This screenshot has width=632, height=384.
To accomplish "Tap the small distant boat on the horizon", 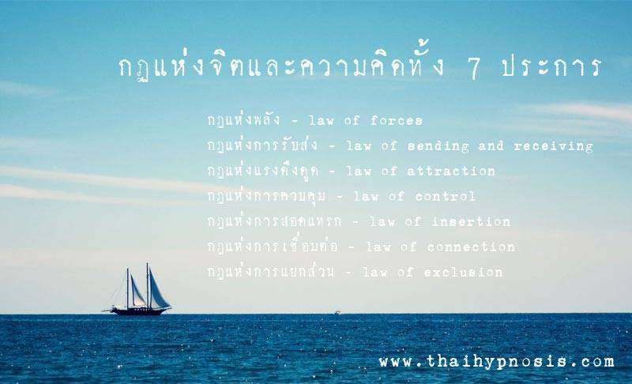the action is [337, 312].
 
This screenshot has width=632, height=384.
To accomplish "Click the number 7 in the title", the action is [474, 68].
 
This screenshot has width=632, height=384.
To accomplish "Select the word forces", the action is [397, 120].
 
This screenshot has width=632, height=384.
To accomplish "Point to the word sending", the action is [438, 146].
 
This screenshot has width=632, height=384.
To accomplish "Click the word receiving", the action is [553, 146].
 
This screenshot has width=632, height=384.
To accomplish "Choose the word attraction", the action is [451, 171].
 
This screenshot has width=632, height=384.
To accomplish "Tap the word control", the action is [445, 196].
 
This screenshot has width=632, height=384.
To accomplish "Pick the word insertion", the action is [471, 221].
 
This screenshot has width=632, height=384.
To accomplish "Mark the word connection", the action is [471, 247].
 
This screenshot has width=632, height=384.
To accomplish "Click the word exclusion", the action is [463, 273].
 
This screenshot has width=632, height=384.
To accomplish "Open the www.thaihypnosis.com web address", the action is [497, 361].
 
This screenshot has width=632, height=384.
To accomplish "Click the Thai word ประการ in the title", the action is [551, 67].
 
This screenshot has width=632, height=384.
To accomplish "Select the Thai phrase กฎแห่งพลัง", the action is [243, 119].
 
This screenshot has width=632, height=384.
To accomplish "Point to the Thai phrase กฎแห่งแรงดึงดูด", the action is [263, 171].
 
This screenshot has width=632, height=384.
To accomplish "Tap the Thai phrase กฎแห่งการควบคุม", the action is [266, 196].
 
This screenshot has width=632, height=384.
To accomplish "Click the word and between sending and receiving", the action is [491, 145].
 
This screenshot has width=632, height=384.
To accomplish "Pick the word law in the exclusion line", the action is [376, 273].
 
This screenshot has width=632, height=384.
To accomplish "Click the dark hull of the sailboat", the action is [138, 311].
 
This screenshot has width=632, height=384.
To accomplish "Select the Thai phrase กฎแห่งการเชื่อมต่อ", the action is [273, 246].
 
